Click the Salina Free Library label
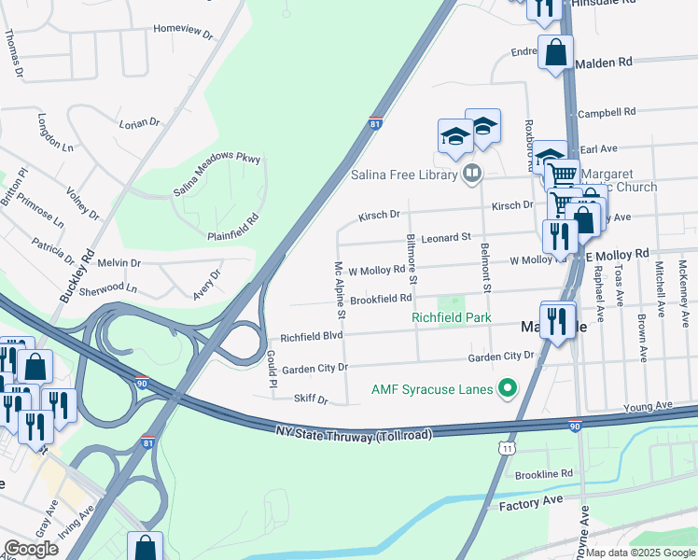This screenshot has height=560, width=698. click(x=404, y=175)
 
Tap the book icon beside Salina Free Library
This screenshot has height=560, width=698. click(x=472, y=174)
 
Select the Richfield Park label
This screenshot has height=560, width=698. click(x=452, y=317)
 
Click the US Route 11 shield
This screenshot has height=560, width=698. click(x=506, y=449)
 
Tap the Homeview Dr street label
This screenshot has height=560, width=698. click(x=183, y=28)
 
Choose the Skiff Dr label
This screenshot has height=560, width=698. click(x=311, y=399)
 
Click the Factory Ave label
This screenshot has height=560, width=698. click(x=531, y=501)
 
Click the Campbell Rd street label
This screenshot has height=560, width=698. click(x=607, y=113)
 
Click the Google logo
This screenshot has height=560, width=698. click(x=31, y=549)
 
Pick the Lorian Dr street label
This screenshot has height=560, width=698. click(x=140, y=122)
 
